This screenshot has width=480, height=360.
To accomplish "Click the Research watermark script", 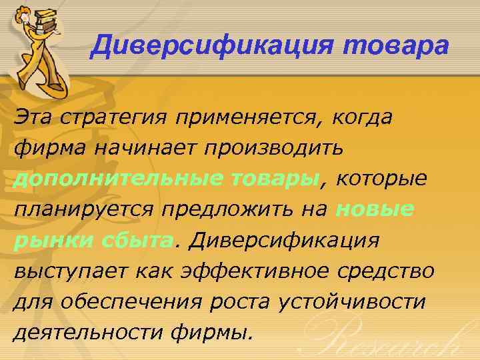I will [393, 337].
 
